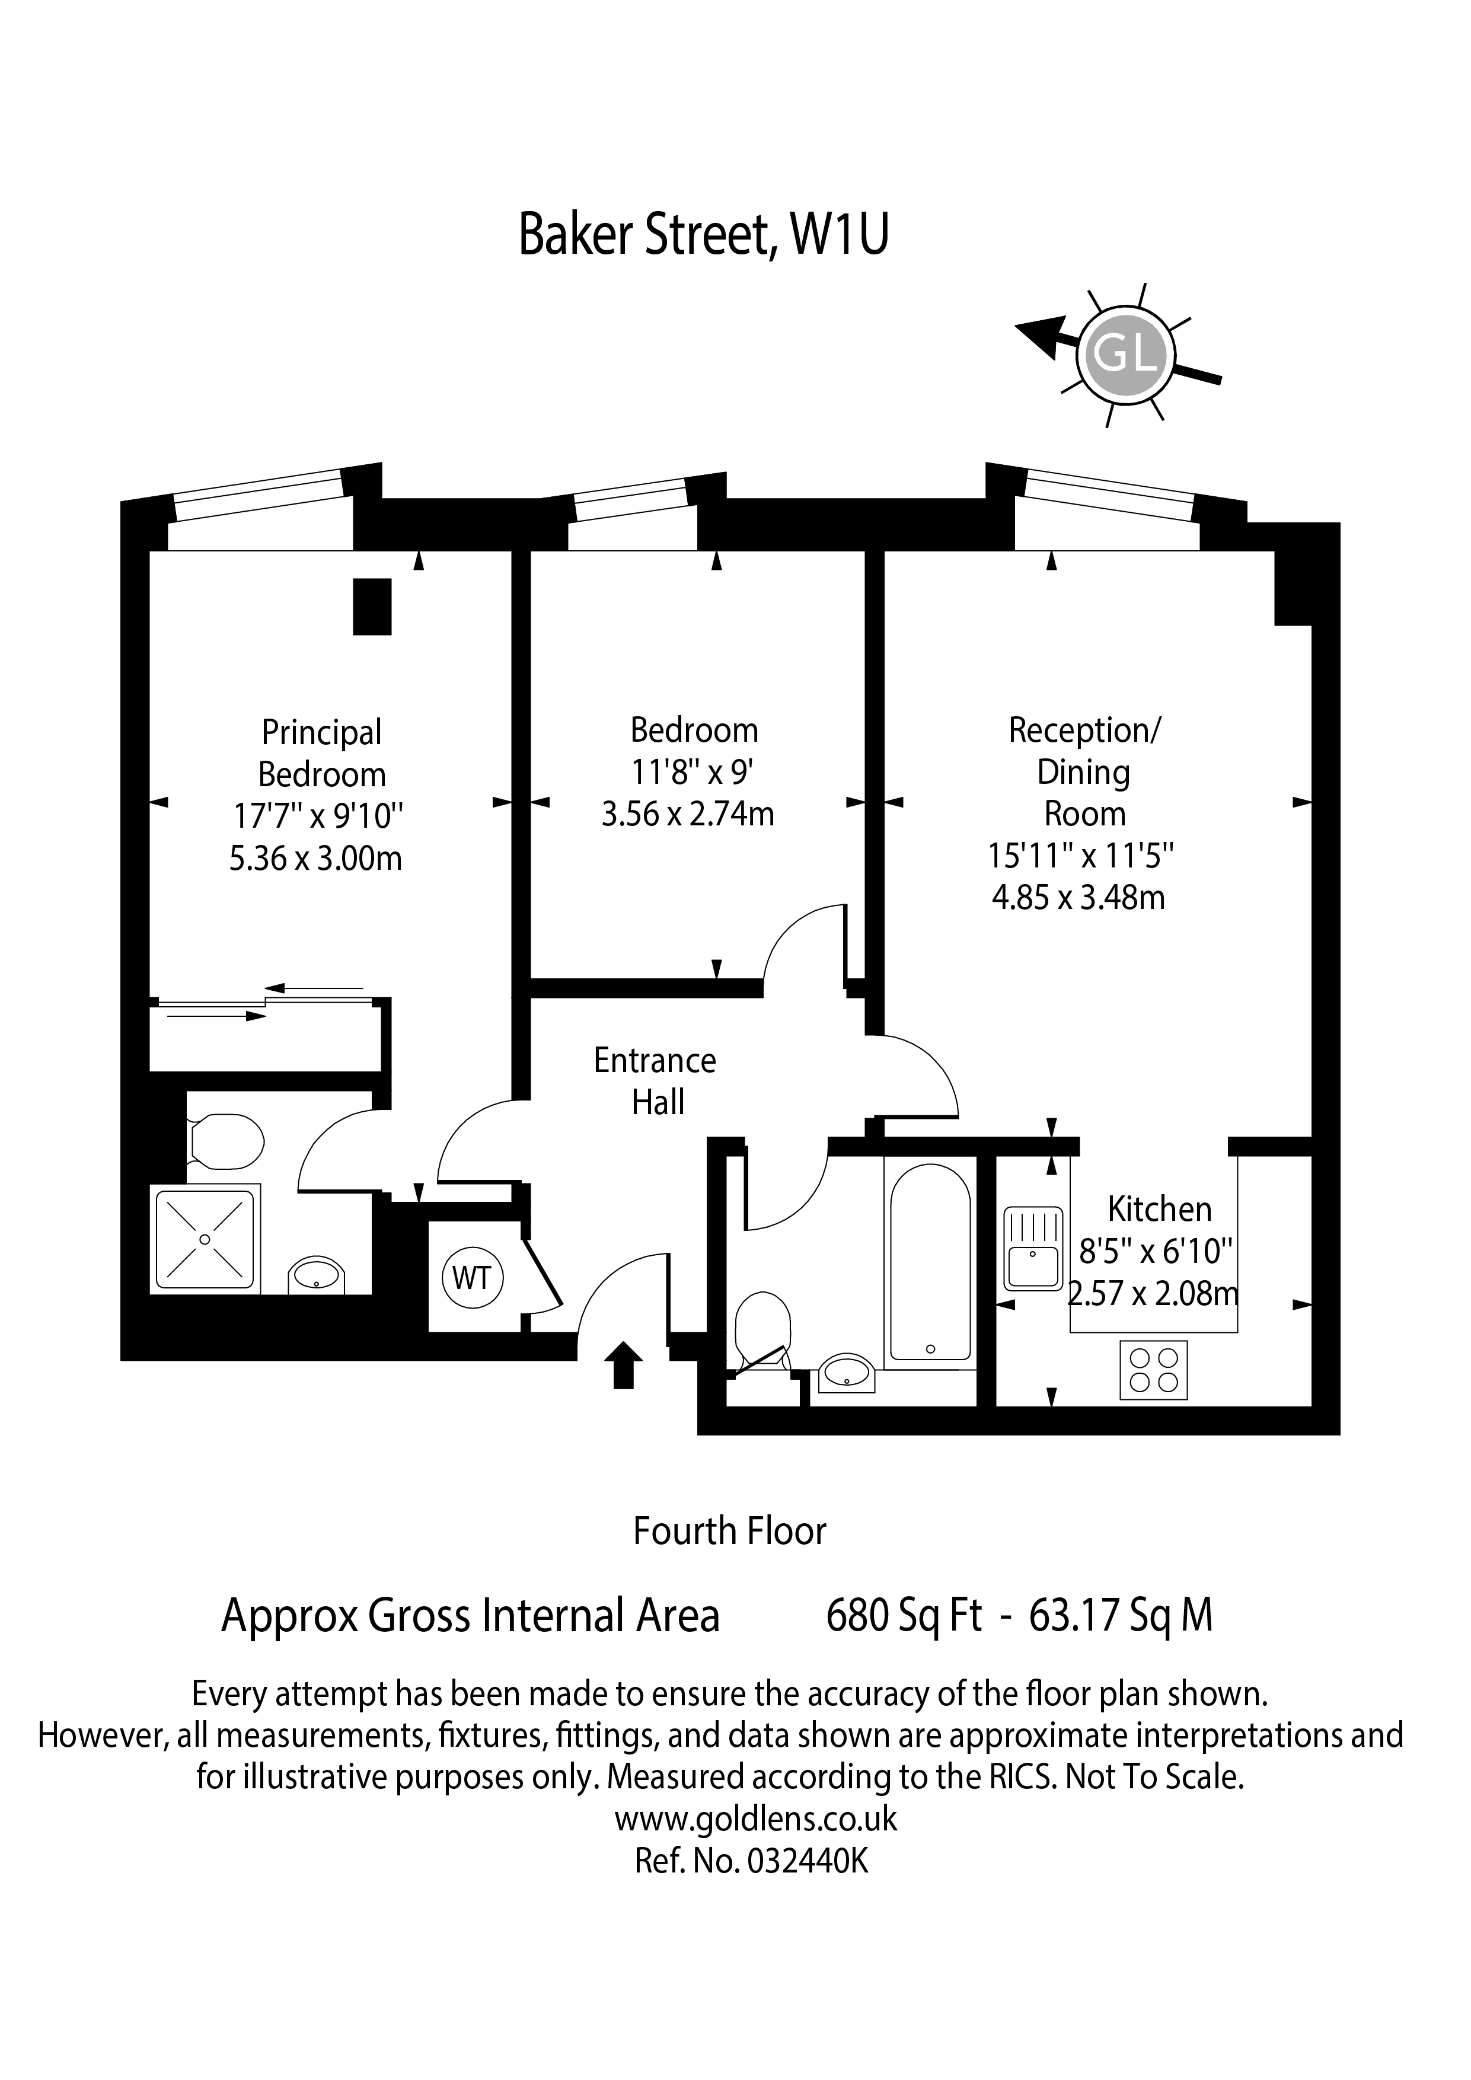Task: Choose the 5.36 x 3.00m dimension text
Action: [x=315, y=858]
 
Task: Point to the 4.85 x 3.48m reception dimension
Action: [x=1079, y=897]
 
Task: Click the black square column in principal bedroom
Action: [x=371, y=607]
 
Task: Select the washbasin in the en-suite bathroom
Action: [x=316, y=1277]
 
